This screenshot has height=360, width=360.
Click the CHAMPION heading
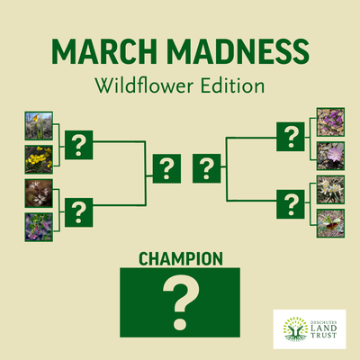click(x=180, y=259)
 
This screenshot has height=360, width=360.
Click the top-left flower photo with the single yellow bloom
click(x=39, y=125)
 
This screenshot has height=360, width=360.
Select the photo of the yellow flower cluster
click(x=39, y=158)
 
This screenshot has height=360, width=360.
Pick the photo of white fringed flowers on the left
click(x=39, y=193)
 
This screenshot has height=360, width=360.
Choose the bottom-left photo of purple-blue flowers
click(x=39, y=226)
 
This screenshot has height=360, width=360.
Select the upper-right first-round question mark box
click(x=290, y=137)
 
